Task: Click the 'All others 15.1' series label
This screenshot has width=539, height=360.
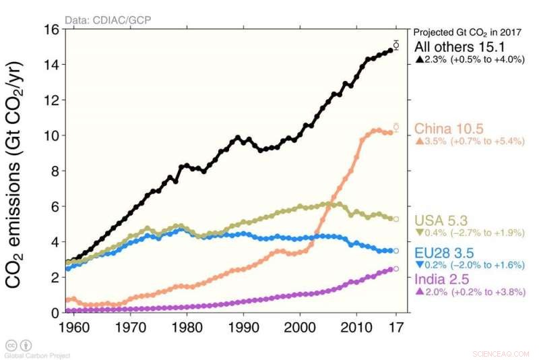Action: coord(455,47)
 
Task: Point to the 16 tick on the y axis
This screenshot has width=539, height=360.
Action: coord(51,30)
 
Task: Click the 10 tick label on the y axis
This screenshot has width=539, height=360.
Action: coord(51,136)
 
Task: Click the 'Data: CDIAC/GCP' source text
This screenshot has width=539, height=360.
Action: coord(108,20)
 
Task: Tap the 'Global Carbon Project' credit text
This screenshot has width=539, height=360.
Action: coord(37,355)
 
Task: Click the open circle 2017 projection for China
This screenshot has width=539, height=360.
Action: coord(396,126)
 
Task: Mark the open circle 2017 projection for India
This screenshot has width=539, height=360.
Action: coord(396,268)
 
